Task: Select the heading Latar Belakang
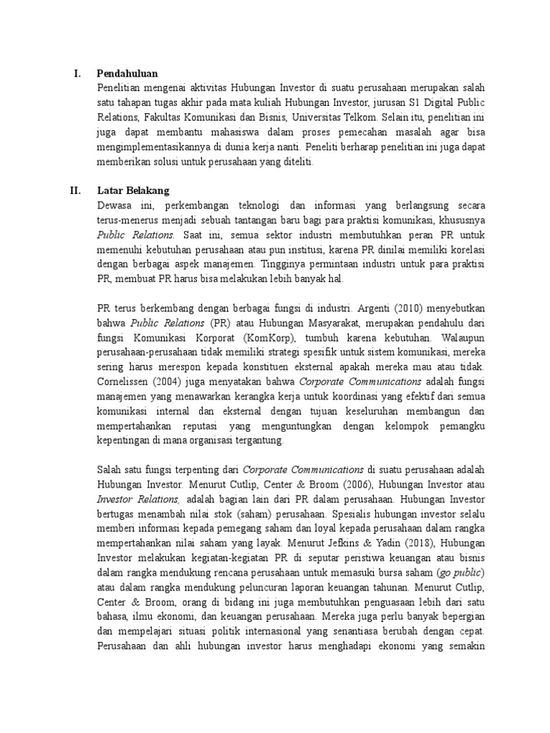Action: pos(133,190)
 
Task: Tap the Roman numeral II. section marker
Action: pos(75,190)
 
